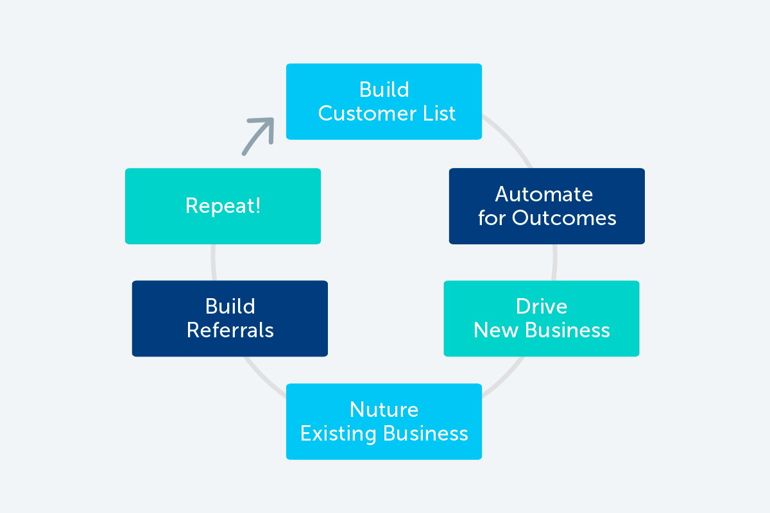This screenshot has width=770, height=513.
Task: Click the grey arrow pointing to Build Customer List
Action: tap(259, 135)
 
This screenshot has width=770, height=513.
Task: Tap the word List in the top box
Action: tap(440, 114)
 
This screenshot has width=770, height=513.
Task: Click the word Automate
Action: tap(544, 194)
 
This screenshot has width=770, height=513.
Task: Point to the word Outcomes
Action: tap(564, 218)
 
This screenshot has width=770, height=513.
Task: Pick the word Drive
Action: tap(542, 306)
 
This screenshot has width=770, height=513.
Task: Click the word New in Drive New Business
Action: tap(496, 330)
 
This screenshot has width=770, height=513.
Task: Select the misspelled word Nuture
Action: tap(384, 410)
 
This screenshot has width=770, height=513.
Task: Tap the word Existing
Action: tap(338, 433)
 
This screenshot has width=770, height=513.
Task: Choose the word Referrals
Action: tap(230, 330)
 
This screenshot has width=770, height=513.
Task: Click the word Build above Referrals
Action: tap(230, 306)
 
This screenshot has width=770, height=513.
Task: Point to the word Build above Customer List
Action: tap(384, 90)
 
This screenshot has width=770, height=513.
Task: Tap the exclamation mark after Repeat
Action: tap(257, 205)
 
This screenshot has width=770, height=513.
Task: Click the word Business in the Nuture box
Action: tap(425, 433)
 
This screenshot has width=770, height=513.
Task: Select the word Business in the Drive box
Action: tap(567, 330)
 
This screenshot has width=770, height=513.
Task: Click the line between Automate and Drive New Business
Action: tap(554, 262)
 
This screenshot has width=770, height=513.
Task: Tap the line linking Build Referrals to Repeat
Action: tap(214, 262)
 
